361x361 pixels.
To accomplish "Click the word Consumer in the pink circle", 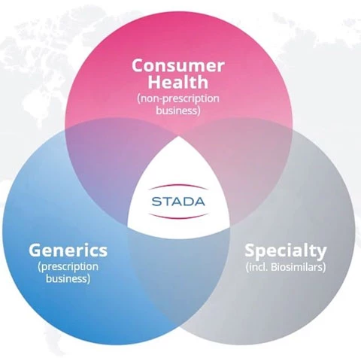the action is (x=178, y=65).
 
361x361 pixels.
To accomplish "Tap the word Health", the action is (x=178, y=82).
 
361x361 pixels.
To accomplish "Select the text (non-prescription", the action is (x=178, y=99).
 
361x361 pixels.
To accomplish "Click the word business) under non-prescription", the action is (x=178, y=111).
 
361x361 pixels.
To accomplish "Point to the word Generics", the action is (x=68, y=251).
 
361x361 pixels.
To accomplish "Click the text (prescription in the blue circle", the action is (x=68, y=266).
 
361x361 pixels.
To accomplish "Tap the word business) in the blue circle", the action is (x=68, y=278).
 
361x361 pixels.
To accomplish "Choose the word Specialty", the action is (x=286, y=251).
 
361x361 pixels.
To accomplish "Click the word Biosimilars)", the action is (x=299, y=267).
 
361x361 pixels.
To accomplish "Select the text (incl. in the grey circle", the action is (x=257, y=267).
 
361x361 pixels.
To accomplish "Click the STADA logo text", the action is (x=178, y=202).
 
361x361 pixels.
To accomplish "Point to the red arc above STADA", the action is (x=178, y=187).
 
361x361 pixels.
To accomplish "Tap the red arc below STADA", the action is (x=178, y=216).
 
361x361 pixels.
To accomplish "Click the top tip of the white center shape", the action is (x=178, y=137).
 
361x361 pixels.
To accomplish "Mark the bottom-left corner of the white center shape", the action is (x=128, y=226).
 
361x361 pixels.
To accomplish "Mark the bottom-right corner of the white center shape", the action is (x=229, y=226).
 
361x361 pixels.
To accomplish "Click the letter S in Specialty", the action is (x=250, y=250).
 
